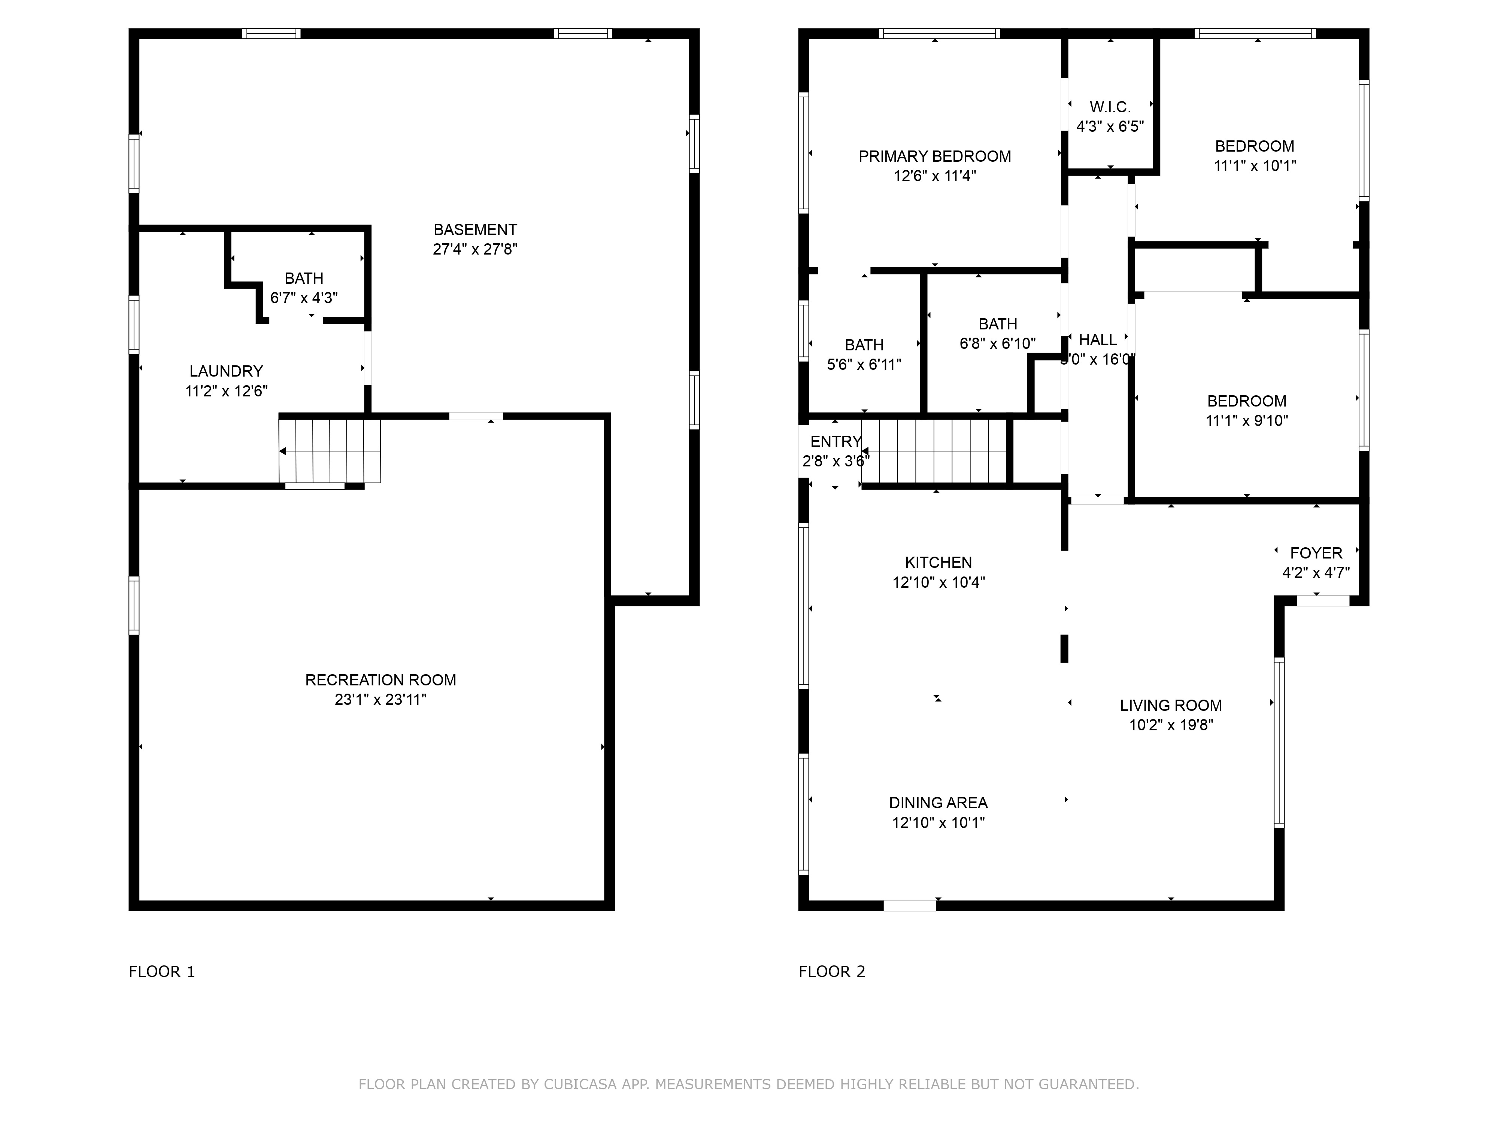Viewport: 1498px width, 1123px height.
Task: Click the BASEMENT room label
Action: tap(475, 229)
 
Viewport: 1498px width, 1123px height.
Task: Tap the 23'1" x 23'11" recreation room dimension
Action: tap(380, 699)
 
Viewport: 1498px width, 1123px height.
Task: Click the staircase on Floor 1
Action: tap(330, 451)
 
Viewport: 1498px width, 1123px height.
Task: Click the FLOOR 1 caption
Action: tap(162, 971)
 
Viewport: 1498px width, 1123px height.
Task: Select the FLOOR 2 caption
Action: tap(832, 971)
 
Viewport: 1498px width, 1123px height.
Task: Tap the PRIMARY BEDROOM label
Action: tap(934, 156)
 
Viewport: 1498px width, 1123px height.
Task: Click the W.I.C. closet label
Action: tap(1110, 107)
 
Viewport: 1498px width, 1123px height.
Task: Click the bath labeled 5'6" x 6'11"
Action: tap(864, 355)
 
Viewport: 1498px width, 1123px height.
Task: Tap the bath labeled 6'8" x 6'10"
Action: tap(998, 334)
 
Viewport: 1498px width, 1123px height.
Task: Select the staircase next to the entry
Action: tap(934, 451)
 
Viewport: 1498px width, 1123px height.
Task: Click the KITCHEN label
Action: tap(938, 563)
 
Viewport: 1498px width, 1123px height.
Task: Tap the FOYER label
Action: tap(1316, 553)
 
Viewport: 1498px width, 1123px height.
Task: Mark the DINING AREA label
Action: tap(938, 803)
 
